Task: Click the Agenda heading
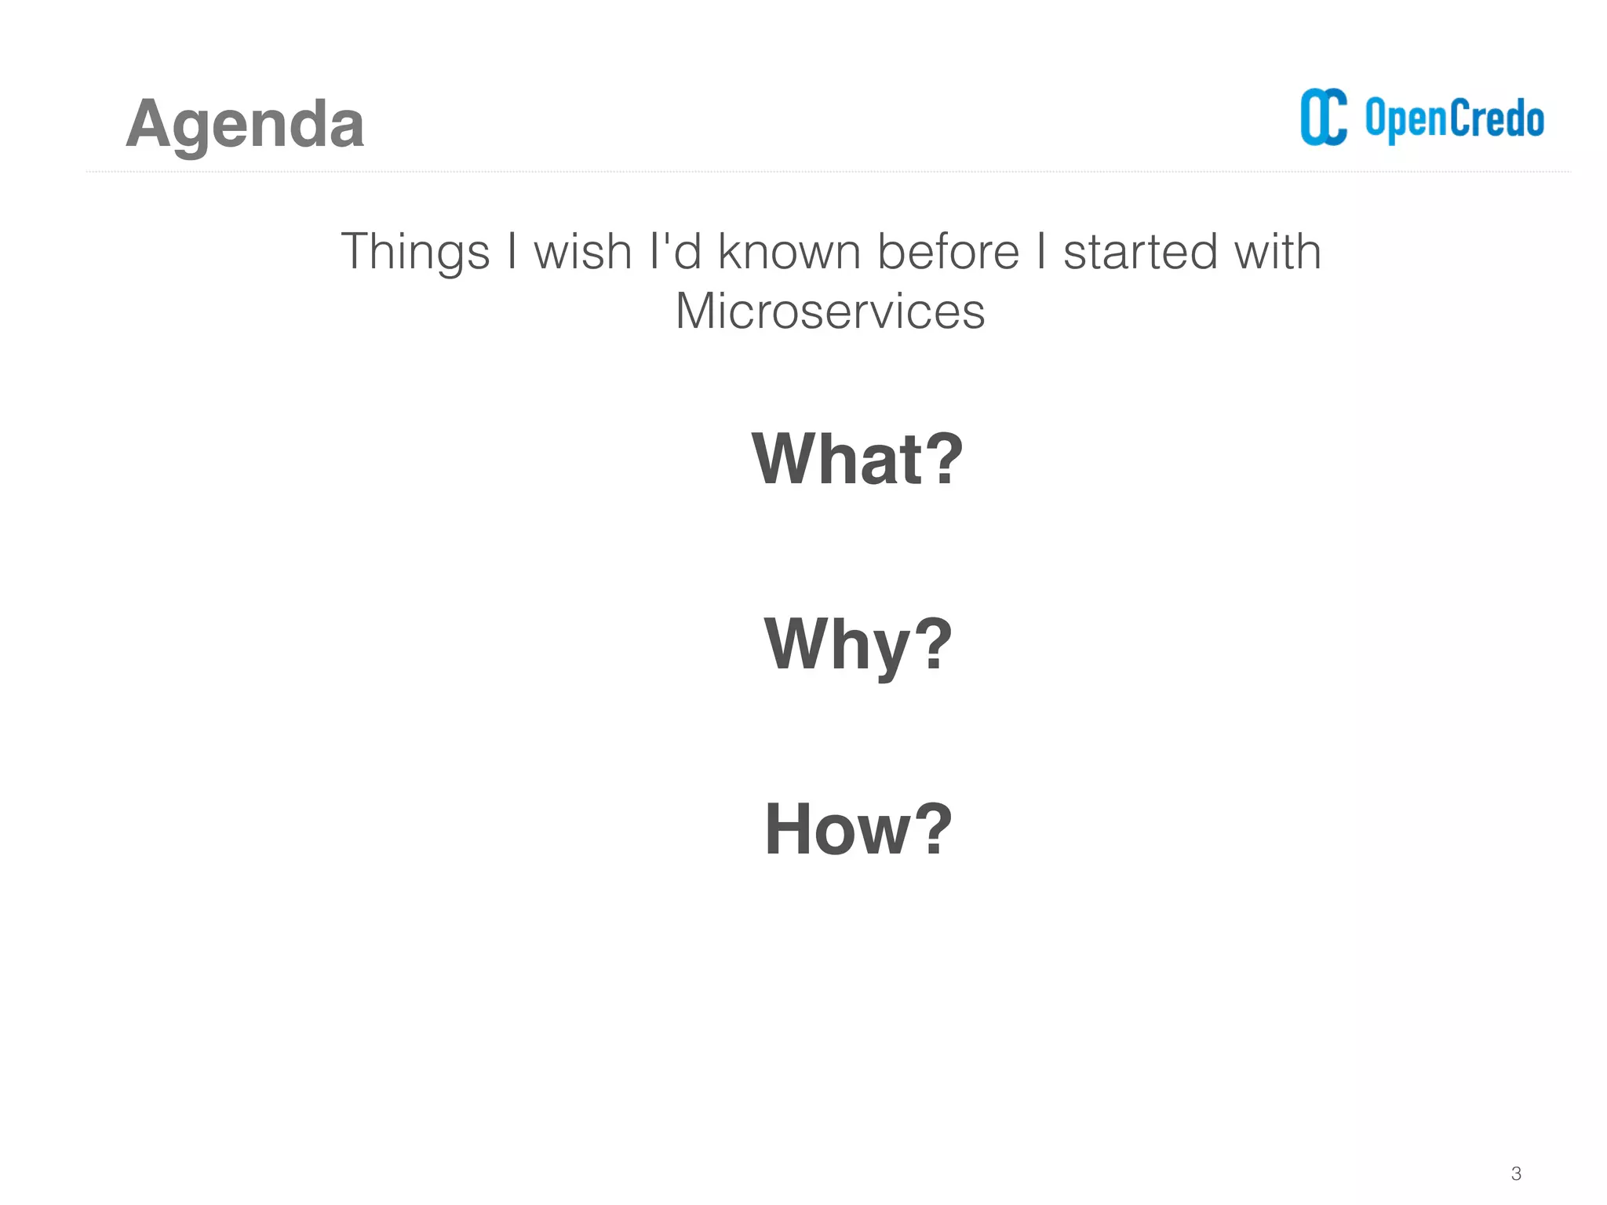coord(245,124)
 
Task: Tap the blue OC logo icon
coord(1324,118)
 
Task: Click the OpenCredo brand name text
coord(1454,119)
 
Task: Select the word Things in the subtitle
coord(415,253)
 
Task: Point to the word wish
coord(582,253)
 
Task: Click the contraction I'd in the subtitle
coord(676,253)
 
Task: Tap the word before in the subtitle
coord(948,253)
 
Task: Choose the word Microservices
coord(829,311)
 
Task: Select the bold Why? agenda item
coord(858,645)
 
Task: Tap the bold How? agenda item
coord(858,829)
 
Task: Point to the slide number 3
coord(1516,1174)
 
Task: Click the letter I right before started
coord(1040,253)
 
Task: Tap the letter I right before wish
coord(512,253)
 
